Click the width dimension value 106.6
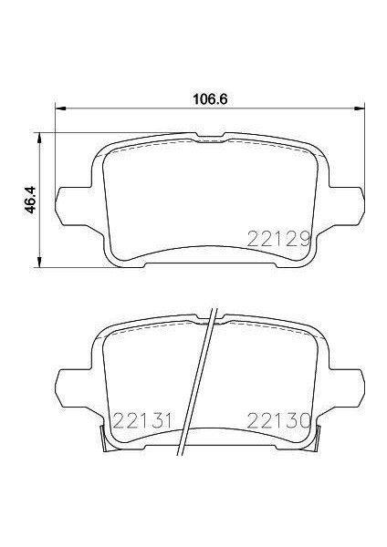tap(209, 98)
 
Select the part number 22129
tap(279, 239)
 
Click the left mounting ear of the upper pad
tap(72, 198)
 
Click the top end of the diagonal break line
tap(215, 307)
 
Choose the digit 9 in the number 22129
tap(307, 239)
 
